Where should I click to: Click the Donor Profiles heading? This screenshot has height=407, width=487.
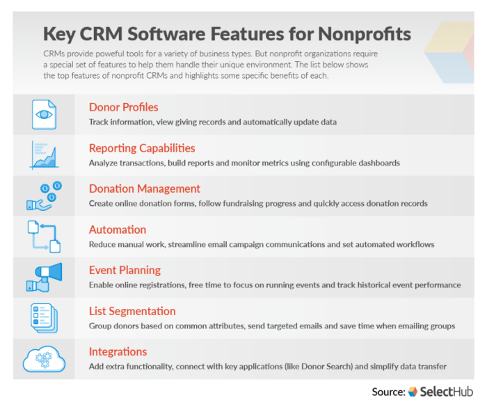123,107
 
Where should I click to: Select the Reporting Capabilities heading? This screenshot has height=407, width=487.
142,148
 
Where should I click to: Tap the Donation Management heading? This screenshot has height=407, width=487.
144,189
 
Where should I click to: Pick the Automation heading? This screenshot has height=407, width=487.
118,230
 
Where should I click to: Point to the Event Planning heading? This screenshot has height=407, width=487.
125,270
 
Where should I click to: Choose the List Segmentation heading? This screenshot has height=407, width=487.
132,311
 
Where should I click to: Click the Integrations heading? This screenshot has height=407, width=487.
118,351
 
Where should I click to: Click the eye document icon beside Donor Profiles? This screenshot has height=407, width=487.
44,113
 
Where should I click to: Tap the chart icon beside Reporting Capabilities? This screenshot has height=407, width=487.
44,154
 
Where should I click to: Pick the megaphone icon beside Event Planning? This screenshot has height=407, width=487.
44,276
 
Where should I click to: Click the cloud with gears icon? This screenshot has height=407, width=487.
44,358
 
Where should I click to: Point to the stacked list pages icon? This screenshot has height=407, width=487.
44,317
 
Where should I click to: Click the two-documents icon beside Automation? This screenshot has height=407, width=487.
44,236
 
